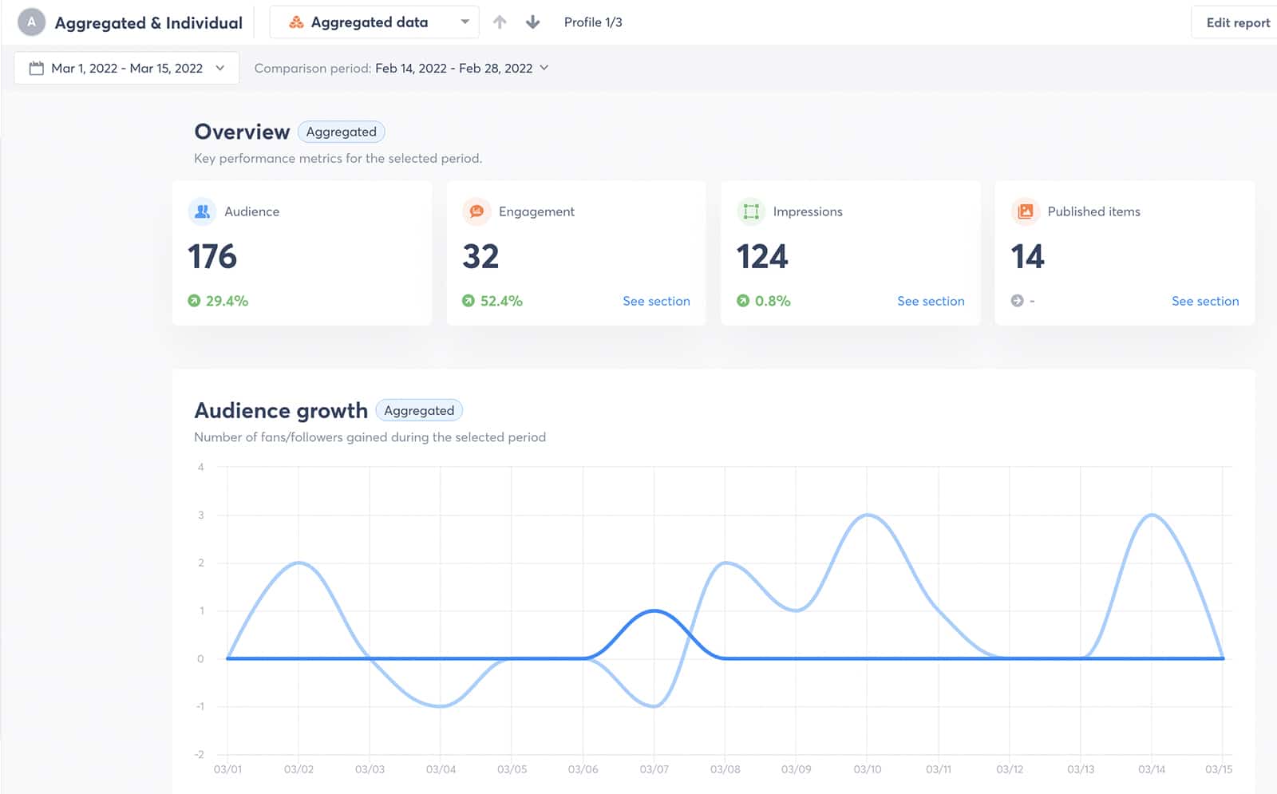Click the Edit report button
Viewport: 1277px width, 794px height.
pyautogui.click(x=1237, y=22)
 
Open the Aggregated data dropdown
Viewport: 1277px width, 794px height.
pyautogui.click(x=374, y=22)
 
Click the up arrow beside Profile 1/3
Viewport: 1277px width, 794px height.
pyautogui.click(x=500, y=22)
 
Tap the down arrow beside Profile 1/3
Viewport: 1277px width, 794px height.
pyautogui.click(x=533, y=22)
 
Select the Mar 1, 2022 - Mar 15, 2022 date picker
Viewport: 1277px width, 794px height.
pyautogui.click(x=126, y=69)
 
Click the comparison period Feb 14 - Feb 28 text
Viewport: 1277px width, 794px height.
pyautogui.click(x=453, y=69)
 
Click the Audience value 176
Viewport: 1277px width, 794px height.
pyautogui.click(x=212, y=257)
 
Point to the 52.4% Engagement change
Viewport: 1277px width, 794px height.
pyautogui.click(x=500, y=301)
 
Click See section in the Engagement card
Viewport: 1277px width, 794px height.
pyautogui.click(x=656, y=301)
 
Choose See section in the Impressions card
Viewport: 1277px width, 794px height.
pyautogui.click(x=931, y=301)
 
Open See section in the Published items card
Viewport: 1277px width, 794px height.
pyautogui.click(x=1205, y=301)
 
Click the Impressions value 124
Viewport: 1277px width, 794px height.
pyautogui.click(x=762, y=257)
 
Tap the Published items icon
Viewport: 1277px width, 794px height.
pyautogui.click(x=1026, y=211)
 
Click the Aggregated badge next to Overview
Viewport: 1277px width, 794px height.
pyautogui.click(x=341, y=132)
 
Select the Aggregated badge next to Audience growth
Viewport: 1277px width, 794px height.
pyautogui.click(x=419, y=410)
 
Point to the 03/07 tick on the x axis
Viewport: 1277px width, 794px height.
pyautogui.click(x=654, y=769)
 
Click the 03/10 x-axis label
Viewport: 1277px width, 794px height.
pyautogui.click(x=868, y=769)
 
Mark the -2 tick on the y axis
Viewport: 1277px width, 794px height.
pyautogui.click(x=200, y=754)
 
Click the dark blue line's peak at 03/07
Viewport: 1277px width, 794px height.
pyautogui.click(x=654, y=611)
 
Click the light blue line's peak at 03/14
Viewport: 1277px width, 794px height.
pyautogui.click(x=1152, y=516)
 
